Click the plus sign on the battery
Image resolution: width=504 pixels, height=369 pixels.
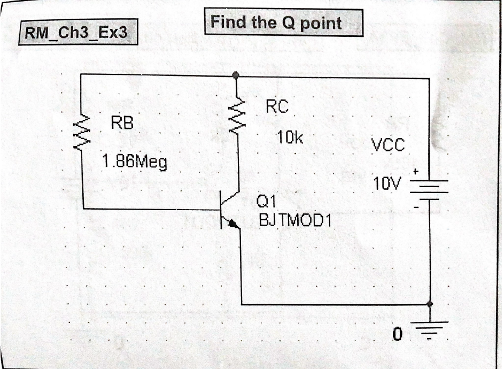coord(415,172)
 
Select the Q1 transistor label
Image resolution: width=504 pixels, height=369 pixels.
coord(266,202)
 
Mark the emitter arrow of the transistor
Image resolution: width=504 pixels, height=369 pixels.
coord(234,224)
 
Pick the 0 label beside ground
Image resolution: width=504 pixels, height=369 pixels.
coord(396,335)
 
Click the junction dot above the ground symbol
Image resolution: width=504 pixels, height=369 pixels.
coord(430,304)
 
